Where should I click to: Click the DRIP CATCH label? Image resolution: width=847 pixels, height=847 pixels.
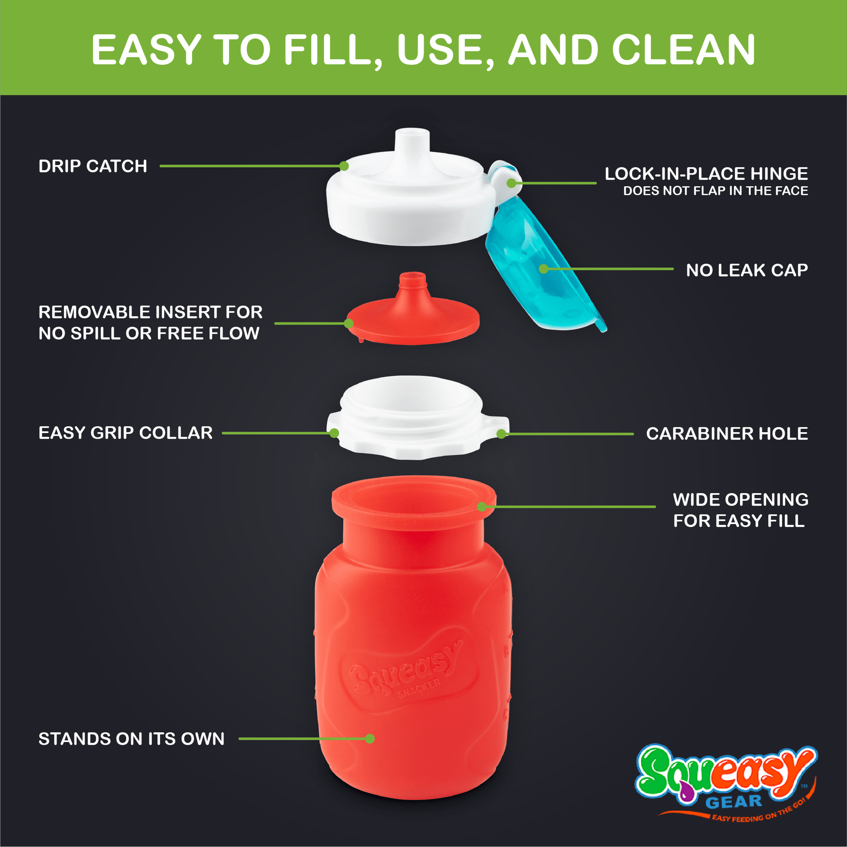coord(93,166)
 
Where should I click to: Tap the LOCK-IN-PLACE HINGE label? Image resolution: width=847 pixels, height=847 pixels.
coord(706,174)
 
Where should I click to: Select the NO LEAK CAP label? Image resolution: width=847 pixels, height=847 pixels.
coord(746,270)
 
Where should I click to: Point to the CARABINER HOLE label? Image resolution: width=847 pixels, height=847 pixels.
coord(727,434)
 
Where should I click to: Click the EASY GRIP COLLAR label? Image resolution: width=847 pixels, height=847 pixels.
coord(125,433)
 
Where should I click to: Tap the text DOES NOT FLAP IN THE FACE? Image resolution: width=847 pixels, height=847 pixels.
coord(716,191)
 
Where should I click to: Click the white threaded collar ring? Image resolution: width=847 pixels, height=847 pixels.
coord(417,417)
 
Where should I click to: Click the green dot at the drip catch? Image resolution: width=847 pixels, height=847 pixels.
coord(344,166)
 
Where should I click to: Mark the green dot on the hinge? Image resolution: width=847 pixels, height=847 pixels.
coord(511,183)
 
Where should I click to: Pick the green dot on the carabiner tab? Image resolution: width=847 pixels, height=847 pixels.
coord(501,434)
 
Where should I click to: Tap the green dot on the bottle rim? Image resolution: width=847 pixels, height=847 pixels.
coord(481,507)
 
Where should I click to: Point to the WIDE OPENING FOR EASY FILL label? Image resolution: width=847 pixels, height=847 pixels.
coord(740,510)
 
